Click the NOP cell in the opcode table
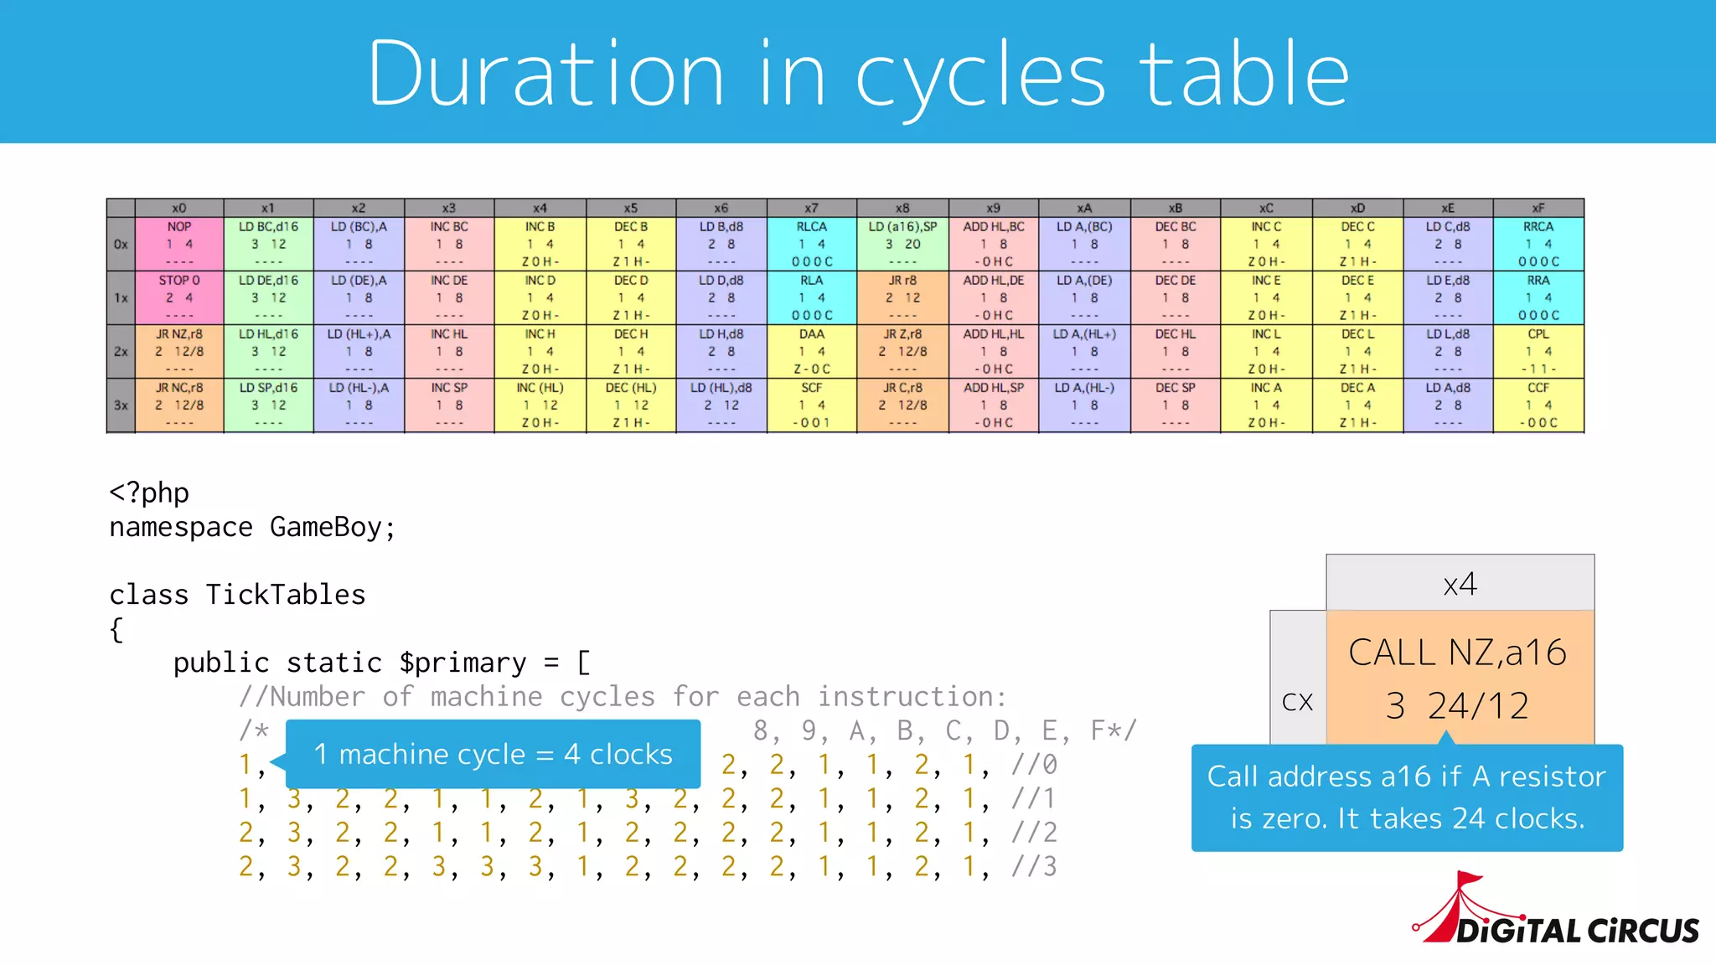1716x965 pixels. click(x=179, y=244)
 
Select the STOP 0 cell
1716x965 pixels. click(x=179, y=297)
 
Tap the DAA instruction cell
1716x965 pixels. click(x=811, y=351)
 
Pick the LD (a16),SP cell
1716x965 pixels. click(x=902, y=244)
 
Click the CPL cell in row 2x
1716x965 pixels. click(x=1538, y=351)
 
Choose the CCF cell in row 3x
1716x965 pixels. click(x=1538, y=405)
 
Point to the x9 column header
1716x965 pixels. click(x=993, y=208)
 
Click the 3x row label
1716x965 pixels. click(x=121, y=405)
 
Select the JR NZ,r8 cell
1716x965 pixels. click(x=179, y=351)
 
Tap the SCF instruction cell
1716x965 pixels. click(x=811, y=405)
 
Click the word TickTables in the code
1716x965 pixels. click(x=286, y=595)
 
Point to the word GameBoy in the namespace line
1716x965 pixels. click(x=326, y=528)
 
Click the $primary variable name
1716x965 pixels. click(x=463, y=663)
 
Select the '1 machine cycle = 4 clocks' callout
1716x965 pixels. click(x=493, y=754)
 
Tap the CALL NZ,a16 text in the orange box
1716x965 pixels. click(x=1457, y=653)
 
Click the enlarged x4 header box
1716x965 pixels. click(x=1460, y=583)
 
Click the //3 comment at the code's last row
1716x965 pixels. click(x=1034, y=866)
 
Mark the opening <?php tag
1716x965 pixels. click(x=149, y=493)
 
